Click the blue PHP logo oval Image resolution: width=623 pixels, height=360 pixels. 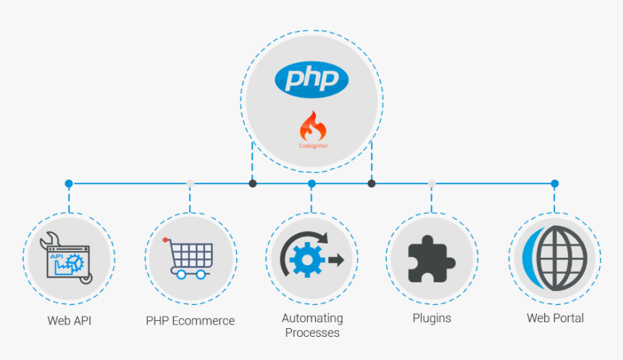(311, 79)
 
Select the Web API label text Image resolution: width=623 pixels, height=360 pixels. (70, 319)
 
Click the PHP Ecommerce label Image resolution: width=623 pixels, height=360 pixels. (191, 320)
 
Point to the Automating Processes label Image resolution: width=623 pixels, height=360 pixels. (312, 325)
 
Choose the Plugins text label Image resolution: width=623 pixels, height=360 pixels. (432, 318)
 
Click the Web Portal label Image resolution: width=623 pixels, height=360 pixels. (555, 318)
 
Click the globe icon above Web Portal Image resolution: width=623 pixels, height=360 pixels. (558, 257)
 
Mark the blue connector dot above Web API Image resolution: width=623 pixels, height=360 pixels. (69, 184)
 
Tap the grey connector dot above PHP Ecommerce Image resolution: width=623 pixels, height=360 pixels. (191, 184)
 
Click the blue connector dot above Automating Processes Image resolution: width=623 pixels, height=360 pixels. (311, 184)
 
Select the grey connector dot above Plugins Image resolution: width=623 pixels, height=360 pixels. (432, 184)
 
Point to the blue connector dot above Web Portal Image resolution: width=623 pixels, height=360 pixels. (554, 184)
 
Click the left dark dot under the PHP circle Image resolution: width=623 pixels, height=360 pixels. (252, 184)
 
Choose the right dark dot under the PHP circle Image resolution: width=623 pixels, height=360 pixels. (372, 184)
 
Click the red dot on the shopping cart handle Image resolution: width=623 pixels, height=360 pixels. (166, 240)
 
